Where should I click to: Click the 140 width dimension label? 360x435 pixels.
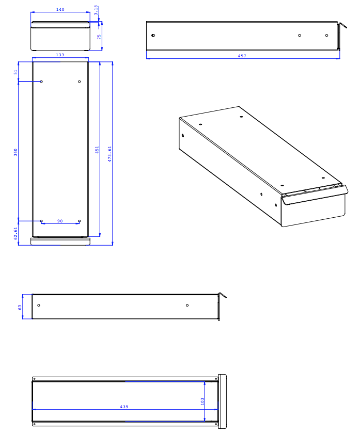click(60, 9)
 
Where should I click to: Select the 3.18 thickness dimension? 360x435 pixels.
click(96, 10)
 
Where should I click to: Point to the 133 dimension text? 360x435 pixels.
click(60, 55)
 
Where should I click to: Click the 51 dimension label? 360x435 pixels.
click(15, 72)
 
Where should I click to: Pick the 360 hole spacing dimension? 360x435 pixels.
click(15, 152)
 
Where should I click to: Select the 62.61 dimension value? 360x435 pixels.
click(15, 233)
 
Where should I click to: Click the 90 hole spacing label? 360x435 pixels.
click(60, 221)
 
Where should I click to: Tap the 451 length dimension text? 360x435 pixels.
click(97, 150)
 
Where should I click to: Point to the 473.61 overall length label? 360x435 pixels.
click(109, 154)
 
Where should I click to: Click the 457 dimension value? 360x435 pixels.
click(242, 56)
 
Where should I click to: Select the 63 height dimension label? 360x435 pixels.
click(20, 308)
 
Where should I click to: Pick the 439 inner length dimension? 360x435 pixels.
click(124, 407)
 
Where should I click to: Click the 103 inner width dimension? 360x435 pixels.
click(202, 401)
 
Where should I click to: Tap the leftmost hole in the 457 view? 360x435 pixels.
click(153, 35)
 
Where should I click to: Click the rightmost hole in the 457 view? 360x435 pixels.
click(326, 35)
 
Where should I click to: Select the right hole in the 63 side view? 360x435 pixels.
click(187, 305)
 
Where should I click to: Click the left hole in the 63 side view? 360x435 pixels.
click(39, 305)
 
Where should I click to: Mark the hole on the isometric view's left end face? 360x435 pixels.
click(183, 135)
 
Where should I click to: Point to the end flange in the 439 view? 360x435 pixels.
click(222, 401)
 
